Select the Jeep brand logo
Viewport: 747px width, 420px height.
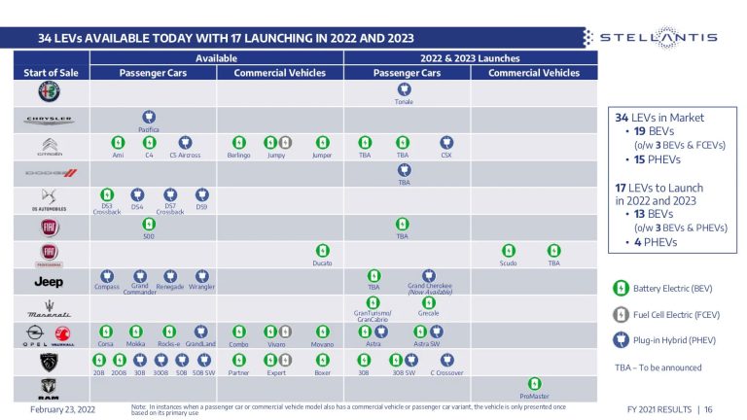point(49,282)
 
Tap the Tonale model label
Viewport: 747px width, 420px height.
point(404,101)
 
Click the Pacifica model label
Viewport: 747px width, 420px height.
point(148,128)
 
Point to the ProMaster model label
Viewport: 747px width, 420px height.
point(534,397)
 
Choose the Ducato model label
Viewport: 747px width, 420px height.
point(322,262)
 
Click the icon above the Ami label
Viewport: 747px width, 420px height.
point(119,142)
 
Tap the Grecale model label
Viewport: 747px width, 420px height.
point(428,313)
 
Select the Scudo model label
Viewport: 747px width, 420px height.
point(509,262)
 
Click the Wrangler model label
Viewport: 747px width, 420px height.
point(201,287)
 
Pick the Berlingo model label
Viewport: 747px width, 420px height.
point(239,155)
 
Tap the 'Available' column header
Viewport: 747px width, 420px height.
point(216,58)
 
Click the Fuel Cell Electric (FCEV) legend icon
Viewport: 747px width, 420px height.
point(620,314)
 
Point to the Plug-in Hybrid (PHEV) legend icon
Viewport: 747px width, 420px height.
point(620,340)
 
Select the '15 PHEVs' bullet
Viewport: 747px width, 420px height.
point(653,159)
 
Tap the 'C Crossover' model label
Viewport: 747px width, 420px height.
point(446,372)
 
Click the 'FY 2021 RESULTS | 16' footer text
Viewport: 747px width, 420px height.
point(670,409)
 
